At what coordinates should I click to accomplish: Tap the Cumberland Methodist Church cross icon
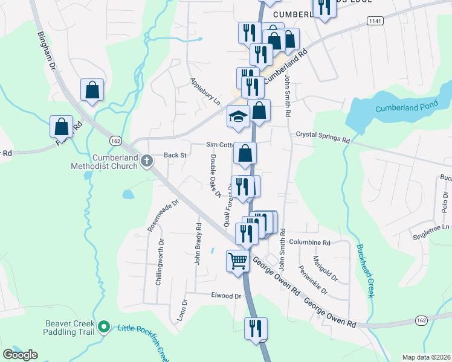click(x=147, y=160)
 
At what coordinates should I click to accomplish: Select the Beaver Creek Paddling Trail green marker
click(x=104, y=328)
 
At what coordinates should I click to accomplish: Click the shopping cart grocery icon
click(x=237, y=261)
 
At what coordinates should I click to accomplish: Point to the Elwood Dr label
click(x=226, y=296)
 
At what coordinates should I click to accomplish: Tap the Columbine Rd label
click(x=309, y=243)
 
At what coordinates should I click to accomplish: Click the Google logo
click(x=21, y=355)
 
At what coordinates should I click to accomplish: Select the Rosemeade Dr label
click(x=164, y=217)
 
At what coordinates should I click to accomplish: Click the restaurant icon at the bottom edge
click(x=256, y=329)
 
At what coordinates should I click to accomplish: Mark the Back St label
click(x=175, y=155)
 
